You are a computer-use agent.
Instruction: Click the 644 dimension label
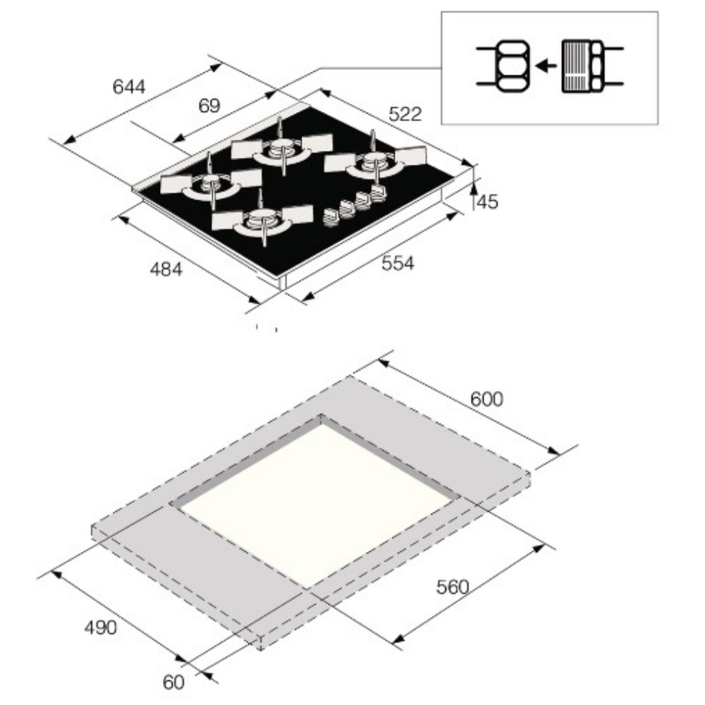pos(129,86)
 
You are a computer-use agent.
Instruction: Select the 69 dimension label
pos(209,106)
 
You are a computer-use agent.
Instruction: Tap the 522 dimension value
pos(405,114)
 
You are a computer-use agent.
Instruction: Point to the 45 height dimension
pos(487,202)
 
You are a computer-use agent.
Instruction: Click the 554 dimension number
pos(398,263)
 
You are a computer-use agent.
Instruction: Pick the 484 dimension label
pos(166,269)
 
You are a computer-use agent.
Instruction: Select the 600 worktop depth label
pos(487,399)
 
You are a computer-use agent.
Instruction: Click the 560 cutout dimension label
pos(453,587)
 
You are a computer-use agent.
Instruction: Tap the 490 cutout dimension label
pos(101,627)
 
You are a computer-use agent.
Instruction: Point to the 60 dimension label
pos(173,682)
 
